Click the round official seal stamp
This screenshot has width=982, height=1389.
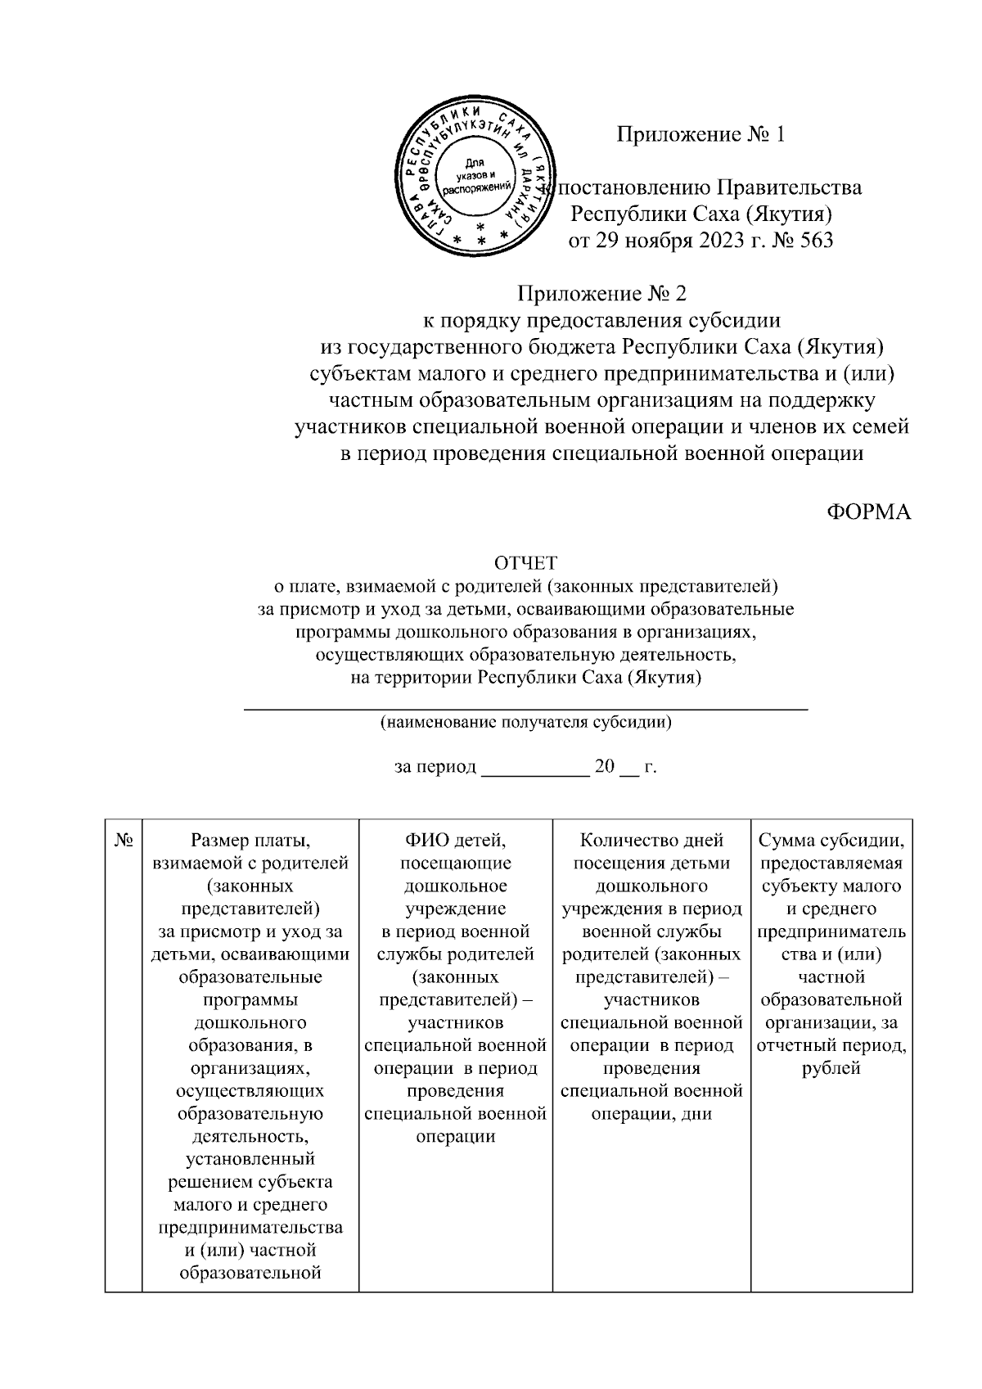pyautogui.click(x=474, y=175)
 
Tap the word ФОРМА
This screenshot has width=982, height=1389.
pyautogui.click(x=867, y=512)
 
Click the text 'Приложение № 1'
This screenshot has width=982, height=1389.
pyautogui.click(x=700, y=134)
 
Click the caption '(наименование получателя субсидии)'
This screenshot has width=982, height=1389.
pyautogui.click(x=525, y=722)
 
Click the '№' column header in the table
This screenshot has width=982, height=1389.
pyautogui.click(x=124, y=840)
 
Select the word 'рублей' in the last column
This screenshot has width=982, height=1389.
pyautogui.click(x=831, y=1068)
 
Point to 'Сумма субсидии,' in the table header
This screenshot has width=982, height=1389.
pyautogui.click(x=831, y=840)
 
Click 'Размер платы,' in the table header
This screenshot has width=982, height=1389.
pyautogui.click(x=250, y=840)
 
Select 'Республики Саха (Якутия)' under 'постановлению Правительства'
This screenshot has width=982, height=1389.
pyautogui.click(x=700, y=214)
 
